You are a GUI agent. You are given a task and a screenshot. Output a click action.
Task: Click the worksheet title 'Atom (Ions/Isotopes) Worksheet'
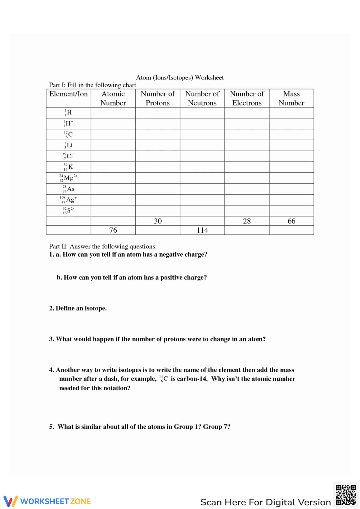180,78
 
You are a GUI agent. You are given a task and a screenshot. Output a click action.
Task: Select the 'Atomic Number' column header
113,98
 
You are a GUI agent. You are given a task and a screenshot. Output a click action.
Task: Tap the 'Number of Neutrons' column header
202,98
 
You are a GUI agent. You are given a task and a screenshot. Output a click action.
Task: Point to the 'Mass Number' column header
291,98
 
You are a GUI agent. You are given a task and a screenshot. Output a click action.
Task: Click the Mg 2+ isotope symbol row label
68,178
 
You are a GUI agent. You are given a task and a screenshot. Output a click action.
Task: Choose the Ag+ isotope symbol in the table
68,200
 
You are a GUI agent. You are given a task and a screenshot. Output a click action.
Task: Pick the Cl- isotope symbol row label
68,156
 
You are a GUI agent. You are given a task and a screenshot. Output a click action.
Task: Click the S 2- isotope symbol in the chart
68,210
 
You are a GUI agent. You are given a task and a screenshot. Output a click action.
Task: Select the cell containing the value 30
158,221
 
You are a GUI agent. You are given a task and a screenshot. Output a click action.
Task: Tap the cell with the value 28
247,221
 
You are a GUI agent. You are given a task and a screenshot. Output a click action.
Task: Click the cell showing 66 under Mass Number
291,221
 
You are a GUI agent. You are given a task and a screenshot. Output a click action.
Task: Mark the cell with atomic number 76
113,230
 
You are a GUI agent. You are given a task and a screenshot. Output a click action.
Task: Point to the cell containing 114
202,230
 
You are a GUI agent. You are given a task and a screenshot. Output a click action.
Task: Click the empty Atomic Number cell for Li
113,145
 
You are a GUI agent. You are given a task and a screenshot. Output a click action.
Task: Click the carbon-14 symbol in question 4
163,379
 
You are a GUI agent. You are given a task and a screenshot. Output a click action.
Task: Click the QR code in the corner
346,495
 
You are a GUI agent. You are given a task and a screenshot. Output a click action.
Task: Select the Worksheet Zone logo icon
10,501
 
